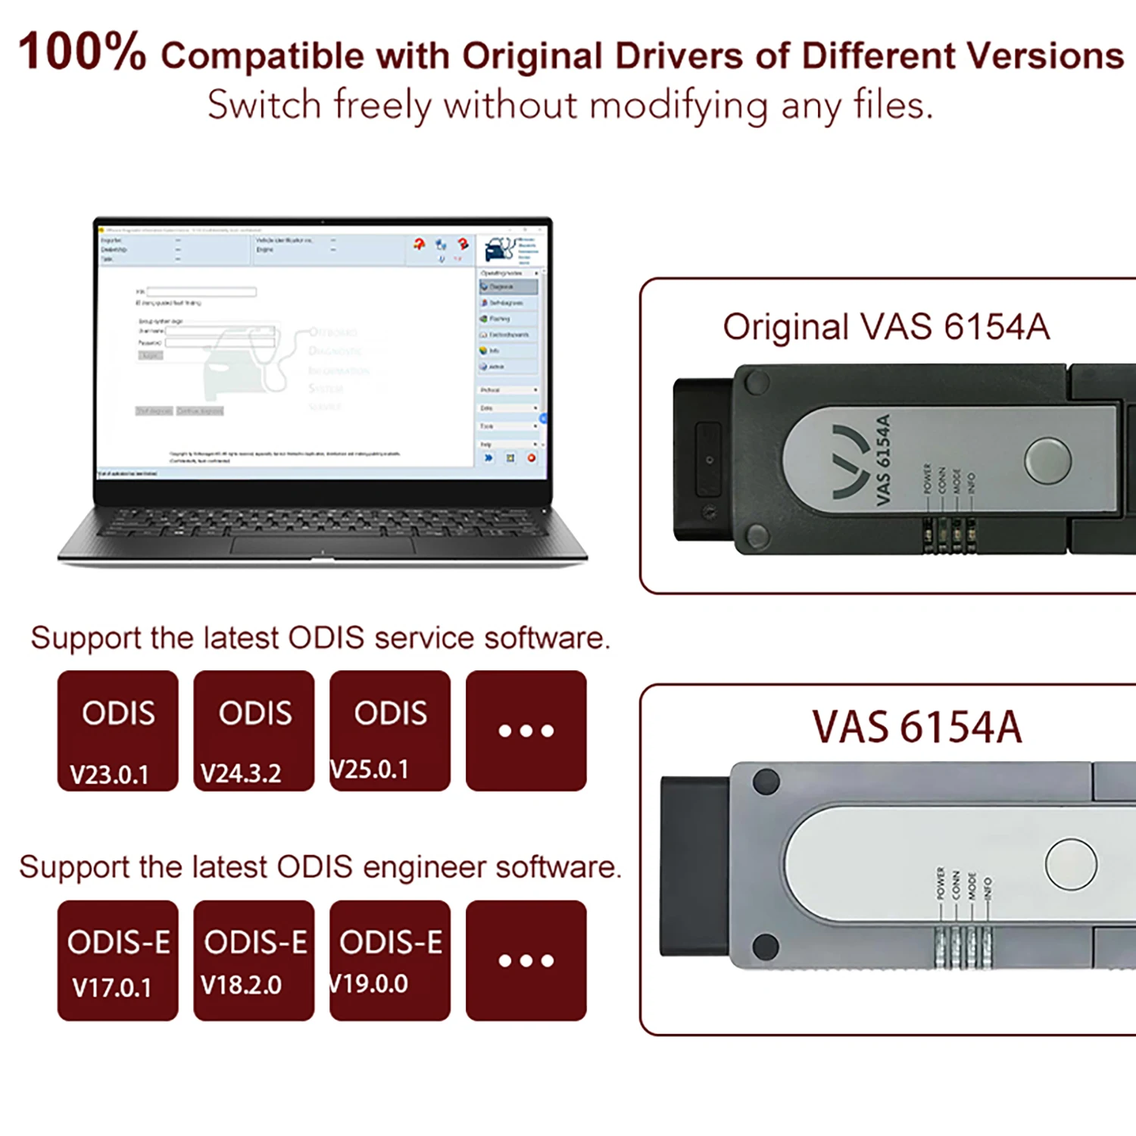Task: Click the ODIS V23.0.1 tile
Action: (117, 731)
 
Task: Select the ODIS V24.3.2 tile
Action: (254, 731)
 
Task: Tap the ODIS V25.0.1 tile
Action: (390, 731)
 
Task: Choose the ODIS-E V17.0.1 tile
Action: (117, 960)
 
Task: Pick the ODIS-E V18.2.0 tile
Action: (254, 960)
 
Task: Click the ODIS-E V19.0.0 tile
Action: (390, 960)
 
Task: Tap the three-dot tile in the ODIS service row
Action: (526, 731)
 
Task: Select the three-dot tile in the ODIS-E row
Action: (526, 960)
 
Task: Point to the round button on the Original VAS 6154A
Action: (1047, 460)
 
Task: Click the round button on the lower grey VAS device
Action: (1070, 863)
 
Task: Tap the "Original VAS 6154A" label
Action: (886, 327)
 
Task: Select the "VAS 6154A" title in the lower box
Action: (917, 727)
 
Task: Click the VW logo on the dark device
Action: (850, 462)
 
